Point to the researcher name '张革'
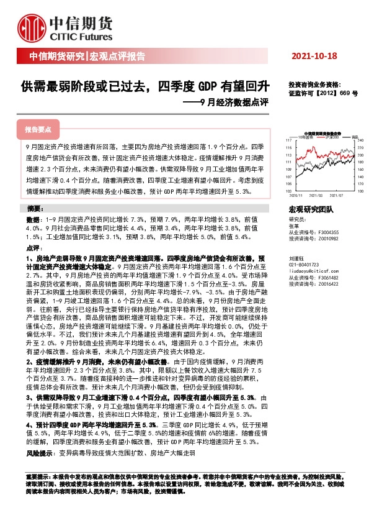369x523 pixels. point(294,226)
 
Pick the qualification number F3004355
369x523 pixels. point(329,232)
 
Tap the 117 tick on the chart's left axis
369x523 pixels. point(289,141)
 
